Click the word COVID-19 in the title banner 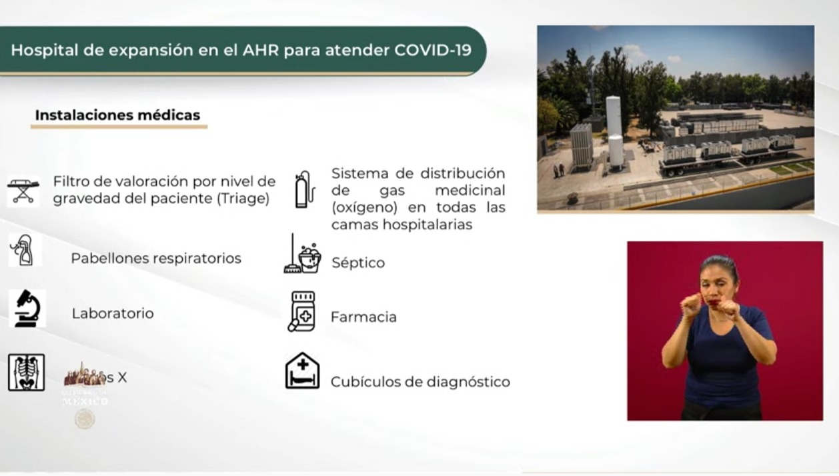coord(433,50)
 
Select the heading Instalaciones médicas coord(117,115)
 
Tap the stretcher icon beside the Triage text coord(23,191)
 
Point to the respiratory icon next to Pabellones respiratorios coord(24,251)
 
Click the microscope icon coord(27,308)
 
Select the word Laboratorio coord(113,313)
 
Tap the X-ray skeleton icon coord(26,372)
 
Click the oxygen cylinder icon coord(304,189)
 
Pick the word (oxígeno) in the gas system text coord(361,207)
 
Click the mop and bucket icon coord(302,255)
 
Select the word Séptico coord(358,263)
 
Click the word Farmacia coord(363,317)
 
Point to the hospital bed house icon coord(302,371)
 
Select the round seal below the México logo coord(85,419)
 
